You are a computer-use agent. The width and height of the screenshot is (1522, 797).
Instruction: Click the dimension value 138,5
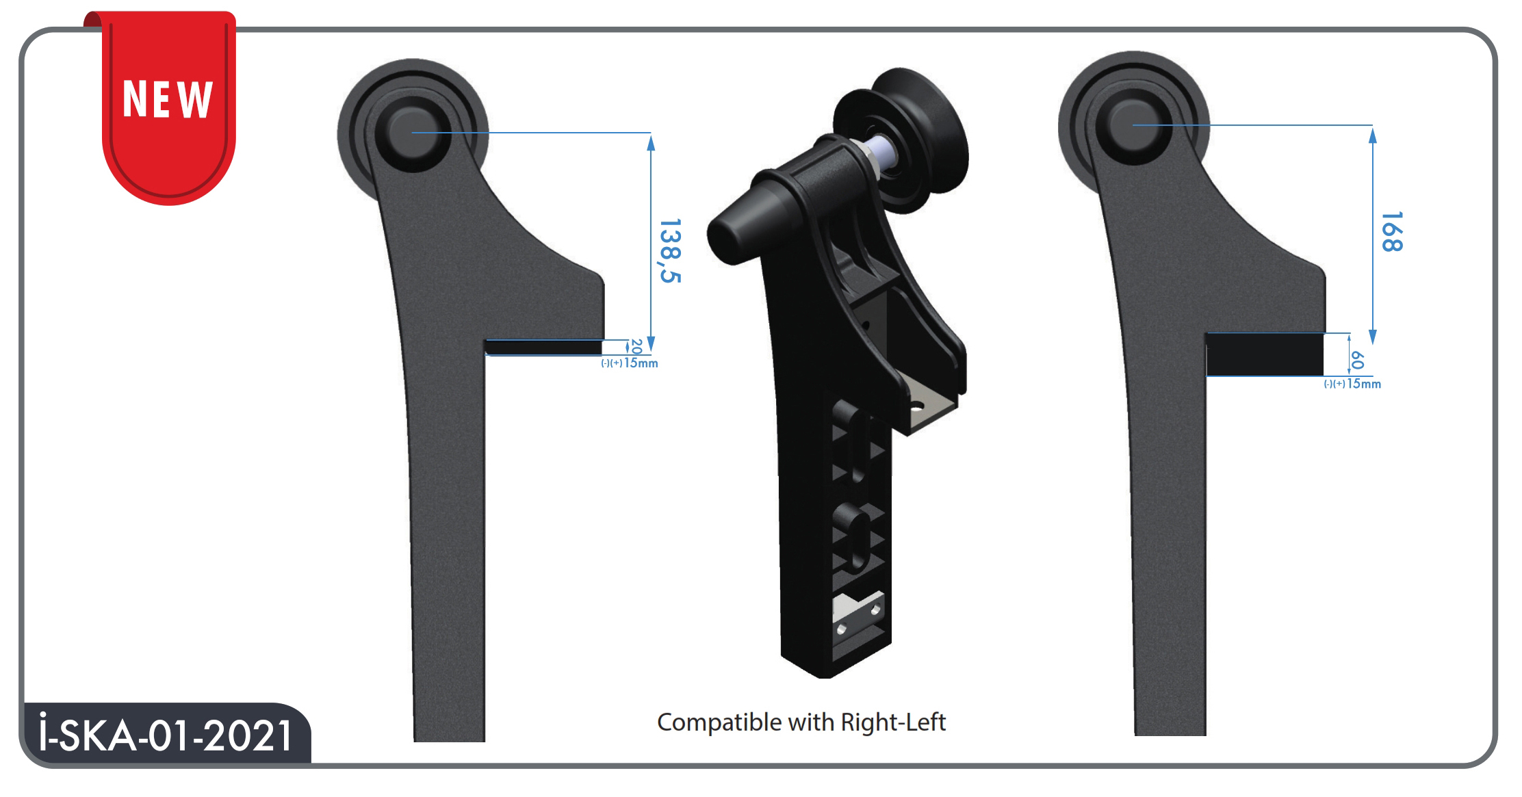coord(670,251)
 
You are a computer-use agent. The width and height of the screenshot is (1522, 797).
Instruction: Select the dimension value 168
coord(1392,232)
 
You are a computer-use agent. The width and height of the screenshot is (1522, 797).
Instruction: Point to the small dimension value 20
coord(636,346)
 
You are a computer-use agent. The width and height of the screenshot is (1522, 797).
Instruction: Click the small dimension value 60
coord(1358,360)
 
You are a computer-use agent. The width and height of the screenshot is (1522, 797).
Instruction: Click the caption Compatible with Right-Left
coord(801,722)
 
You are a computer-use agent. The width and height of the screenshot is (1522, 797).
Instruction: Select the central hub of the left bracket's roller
coord(412,133)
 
